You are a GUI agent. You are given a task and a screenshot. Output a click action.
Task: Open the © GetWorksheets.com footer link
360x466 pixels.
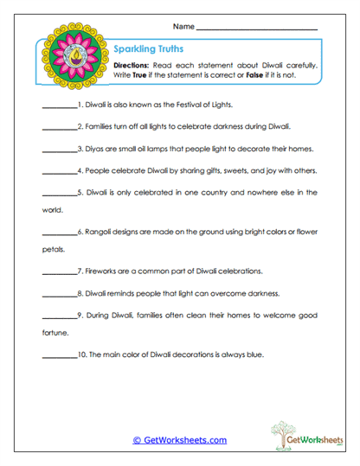tap(179, 440)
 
